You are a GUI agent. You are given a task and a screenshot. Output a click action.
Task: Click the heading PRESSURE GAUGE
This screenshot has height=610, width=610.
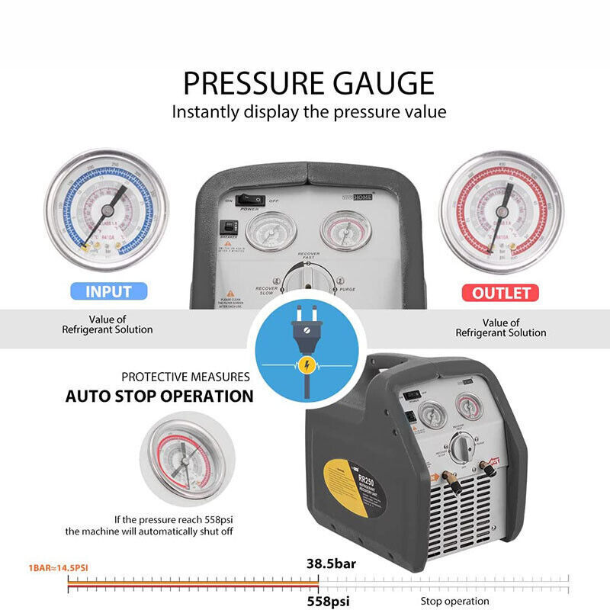click(x=308, y=82)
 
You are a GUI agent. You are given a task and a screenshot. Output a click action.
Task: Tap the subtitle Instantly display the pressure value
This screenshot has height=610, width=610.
click(x=308, y=111)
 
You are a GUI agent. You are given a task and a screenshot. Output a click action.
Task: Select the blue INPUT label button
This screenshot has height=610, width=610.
click(x=108, y=291)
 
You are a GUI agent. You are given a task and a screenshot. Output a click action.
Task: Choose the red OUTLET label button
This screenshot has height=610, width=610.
click(x=500, y=293)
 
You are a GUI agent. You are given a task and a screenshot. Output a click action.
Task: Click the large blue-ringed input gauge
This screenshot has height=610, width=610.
click(x=106, y=210)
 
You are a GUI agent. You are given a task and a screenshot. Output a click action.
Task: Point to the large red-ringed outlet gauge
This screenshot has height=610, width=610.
click(x=502, y=210)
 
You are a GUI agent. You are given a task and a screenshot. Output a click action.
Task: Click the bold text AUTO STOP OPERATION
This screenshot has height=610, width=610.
click(x=159, y=396)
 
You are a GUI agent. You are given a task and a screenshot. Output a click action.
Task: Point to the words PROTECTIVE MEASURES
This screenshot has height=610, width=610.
click(x=186, y=377)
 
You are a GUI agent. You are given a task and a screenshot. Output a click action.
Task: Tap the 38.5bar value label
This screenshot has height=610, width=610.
click(x=332, y=565)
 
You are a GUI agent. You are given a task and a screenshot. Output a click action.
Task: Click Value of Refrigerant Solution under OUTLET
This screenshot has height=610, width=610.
click(x=501, y=328)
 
